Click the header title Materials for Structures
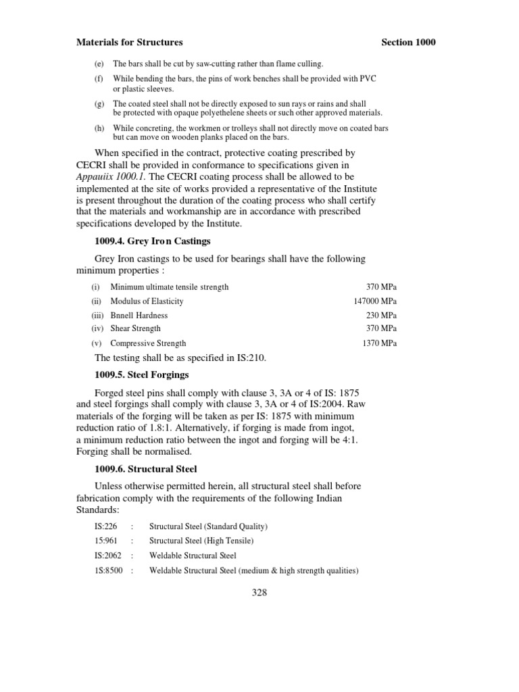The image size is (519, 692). point(129,42)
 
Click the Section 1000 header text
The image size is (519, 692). point(408,42)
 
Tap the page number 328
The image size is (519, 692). point(259,593)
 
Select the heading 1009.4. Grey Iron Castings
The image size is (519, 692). point(153,241)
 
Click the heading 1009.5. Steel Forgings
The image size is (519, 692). point(141,374)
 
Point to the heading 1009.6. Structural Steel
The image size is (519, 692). point(145,468)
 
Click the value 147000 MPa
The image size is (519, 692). point(375,301)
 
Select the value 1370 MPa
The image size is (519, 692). point(380,343)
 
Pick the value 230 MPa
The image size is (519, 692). point(381,316)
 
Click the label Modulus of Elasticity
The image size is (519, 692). point(147,301)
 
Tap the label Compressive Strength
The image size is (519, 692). point(148,343)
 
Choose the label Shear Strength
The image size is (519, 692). point(135,328)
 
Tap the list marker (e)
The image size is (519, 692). point(97,64)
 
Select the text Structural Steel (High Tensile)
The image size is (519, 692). point(201,541)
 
